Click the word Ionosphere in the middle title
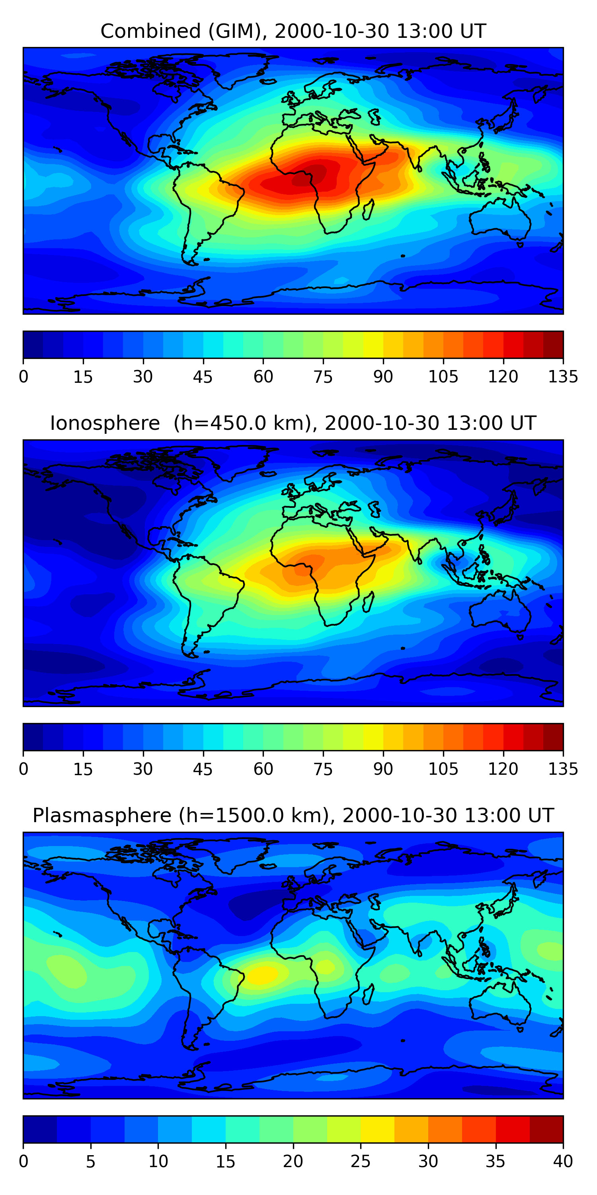pyautogui.click(x=105, y=423)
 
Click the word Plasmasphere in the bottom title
pyautogui.click(x=102, y=815)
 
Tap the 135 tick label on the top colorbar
pyautogui.click(x=563, y=377)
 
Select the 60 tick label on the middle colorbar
pyautogui.click(x=263, y=769)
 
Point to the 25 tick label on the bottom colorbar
pyautogui.click(x=360, y=1161)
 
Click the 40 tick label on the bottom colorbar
pyautogui.click(x=563, y=1161)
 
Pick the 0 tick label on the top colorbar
pyautogui.click(x=23, y=377)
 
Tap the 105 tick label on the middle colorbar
pyautogui.click(x=443, y=769)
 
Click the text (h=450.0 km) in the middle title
pyautogui.click(x=242, y=423)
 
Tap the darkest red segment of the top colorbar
pyautogui.click(x=553, y=345)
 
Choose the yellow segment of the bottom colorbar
pyautogui.click(x=377, y=1129)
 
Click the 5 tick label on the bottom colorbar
pyautogui.click(x=90, y=1161)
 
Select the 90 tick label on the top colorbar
pyautogui.click(x=383, y=377)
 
